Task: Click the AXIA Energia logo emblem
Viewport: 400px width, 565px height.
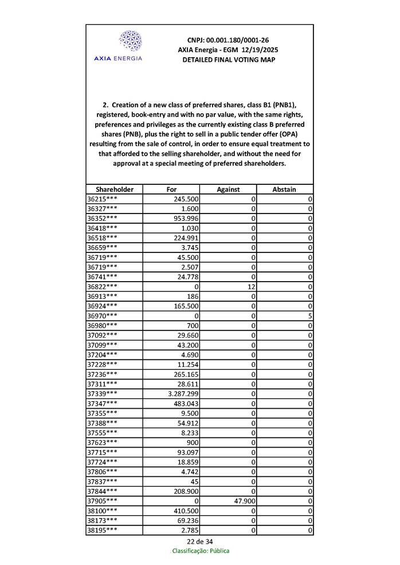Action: (130, 41)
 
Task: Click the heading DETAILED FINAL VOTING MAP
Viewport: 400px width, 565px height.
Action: (228, 60)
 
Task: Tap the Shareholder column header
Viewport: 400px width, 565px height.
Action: (115, 189)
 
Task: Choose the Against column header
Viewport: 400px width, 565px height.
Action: (228, 189)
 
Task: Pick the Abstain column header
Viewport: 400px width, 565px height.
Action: (284, 189)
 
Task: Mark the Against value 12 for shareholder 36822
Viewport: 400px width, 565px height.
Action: (250, 287)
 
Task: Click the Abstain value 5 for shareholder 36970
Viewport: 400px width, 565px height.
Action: (309, 316)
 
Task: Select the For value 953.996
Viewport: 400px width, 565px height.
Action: (186, 219)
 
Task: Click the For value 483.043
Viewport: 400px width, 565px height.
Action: (186, 404)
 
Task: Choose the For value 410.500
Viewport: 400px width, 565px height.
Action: (186, 511)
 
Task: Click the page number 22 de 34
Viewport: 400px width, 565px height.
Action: (199, 542)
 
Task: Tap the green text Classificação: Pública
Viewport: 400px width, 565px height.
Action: (201, 551)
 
